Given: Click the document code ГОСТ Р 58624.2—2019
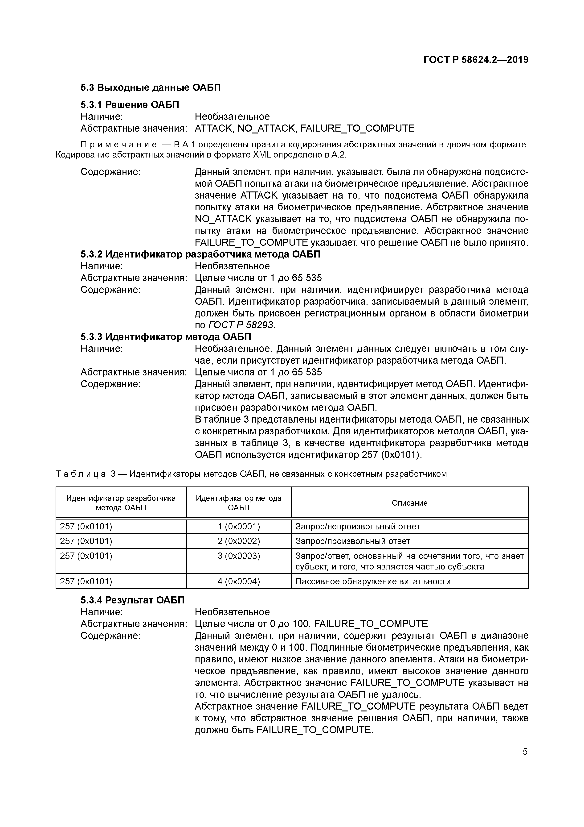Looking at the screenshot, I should (x=476, y=60).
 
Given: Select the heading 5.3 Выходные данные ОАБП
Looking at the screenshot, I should (x=150, y=87).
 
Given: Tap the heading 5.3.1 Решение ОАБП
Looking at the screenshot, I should (x=130, y=105).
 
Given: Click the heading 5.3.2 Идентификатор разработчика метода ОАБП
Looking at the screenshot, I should (x=200, y=254).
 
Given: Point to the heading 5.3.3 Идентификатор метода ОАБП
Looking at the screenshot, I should (x=166, y=337).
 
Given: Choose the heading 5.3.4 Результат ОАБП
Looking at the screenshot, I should (x=132, y=600).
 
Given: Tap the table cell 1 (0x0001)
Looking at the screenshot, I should (x=239, y=527).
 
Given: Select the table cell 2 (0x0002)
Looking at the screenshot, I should (x=239, y=541).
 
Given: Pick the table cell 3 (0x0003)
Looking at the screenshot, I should (x=239, y=556).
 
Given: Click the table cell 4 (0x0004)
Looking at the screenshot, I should (x=239, y=581).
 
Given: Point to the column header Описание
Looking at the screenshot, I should (x=409, y=503).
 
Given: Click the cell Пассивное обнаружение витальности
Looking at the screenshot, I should (x=373, y=581).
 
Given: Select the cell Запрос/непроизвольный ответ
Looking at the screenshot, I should (x=358, y=527).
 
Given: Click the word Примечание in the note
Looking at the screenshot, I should (x=119, y=145).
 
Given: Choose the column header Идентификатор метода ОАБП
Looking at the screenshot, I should (x=239, y=503).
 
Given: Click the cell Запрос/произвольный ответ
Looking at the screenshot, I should (x=353, y=541).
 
